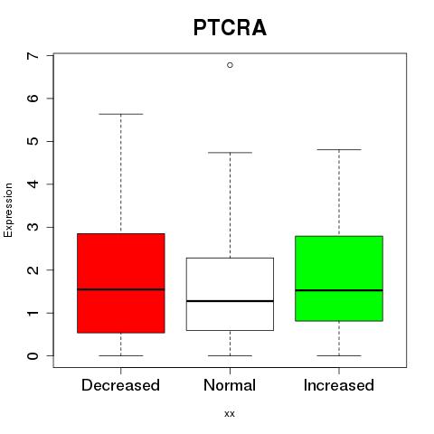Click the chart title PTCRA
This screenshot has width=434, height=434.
(x=230, y=28)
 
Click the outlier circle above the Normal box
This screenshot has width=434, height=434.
(x=230, y=65)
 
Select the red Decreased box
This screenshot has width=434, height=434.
(x=121, y=283)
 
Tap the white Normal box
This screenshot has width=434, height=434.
(x=230, y=294)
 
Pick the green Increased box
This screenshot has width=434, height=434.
(x=339, y=278)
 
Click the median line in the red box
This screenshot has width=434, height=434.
(x=121, y=289)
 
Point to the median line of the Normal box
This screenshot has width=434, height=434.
(x=230, y=301)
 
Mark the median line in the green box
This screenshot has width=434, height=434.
(x=339, y=290)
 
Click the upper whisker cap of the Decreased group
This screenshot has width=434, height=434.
(x=121, y=114)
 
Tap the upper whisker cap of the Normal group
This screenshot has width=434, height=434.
(x=230, y=153)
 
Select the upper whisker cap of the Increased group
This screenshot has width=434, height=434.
(x=339, y=149)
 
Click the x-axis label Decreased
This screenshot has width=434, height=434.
(x=120, y=385)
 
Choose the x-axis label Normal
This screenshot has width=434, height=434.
(x=230, y=385)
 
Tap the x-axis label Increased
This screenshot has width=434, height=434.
(x=339, y=385)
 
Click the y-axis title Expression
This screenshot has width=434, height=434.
(x=8, y=210)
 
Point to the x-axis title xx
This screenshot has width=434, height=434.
(x=230, y=414)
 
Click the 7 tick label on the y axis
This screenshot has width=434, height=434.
(x=33, y=56)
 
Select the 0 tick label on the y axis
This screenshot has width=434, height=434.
(x=33, y=356)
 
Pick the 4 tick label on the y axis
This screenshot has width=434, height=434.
(x=33, y=184)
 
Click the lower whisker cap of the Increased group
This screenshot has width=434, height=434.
(x=339, y=355)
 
